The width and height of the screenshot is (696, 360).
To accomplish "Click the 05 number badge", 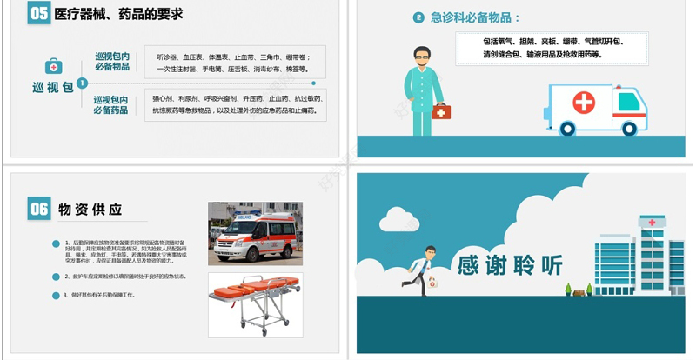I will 39,13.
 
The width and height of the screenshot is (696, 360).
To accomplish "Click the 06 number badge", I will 39,209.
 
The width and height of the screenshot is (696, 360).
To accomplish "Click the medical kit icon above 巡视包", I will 54,66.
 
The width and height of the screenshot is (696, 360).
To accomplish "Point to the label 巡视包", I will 52,87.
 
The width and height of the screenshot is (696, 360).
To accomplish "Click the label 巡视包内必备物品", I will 112,62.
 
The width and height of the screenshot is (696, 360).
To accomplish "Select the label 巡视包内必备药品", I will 111,105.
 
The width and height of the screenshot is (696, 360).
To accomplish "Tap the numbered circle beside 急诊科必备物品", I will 419,17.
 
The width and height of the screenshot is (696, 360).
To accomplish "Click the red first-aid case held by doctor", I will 441,111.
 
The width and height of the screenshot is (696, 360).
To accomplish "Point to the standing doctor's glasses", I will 422,57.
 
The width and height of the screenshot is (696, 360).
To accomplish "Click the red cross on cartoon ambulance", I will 584,103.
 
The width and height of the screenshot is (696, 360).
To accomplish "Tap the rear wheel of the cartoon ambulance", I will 568,129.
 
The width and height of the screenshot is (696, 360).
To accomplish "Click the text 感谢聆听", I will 510,264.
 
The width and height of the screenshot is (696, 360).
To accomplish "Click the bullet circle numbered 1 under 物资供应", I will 56,243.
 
